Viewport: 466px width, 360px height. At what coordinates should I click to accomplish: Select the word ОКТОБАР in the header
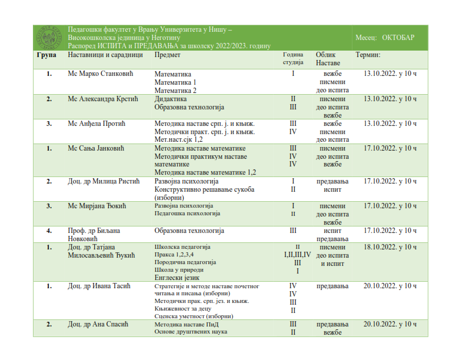point(398,38)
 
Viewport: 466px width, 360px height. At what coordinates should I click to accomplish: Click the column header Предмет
point(167,55)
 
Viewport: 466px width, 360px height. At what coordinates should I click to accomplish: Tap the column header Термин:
point(368,55)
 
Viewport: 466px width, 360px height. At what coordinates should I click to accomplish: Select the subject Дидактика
point(170,99)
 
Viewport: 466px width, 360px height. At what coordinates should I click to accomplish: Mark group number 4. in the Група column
point(49,231)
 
